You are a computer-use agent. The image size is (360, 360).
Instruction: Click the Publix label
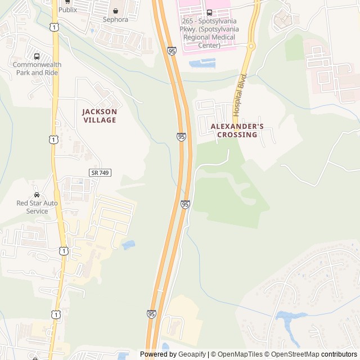67,10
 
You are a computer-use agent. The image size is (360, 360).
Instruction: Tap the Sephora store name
115,19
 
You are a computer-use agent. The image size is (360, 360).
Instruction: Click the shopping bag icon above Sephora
115,11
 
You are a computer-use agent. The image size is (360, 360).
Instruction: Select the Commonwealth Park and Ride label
37,69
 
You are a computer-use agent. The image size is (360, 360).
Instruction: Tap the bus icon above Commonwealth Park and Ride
37,56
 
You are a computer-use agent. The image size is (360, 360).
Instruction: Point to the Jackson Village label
100,115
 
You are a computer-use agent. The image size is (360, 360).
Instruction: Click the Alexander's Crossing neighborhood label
237,130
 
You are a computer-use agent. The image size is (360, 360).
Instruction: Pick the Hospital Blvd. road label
241,94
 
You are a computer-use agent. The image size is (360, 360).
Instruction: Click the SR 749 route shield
100,172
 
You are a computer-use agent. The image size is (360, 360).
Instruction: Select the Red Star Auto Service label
37,206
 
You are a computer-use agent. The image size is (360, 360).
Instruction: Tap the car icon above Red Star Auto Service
37,195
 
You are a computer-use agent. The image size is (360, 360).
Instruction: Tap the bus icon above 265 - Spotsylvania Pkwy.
209,12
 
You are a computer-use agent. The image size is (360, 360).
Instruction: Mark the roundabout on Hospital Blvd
251,46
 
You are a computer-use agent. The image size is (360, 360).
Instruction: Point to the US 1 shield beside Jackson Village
52,138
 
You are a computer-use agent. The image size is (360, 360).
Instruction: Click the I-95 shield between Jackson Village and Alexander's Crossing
181,137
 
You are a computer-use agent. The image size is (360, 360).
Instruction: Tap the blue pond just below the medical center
202,63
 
